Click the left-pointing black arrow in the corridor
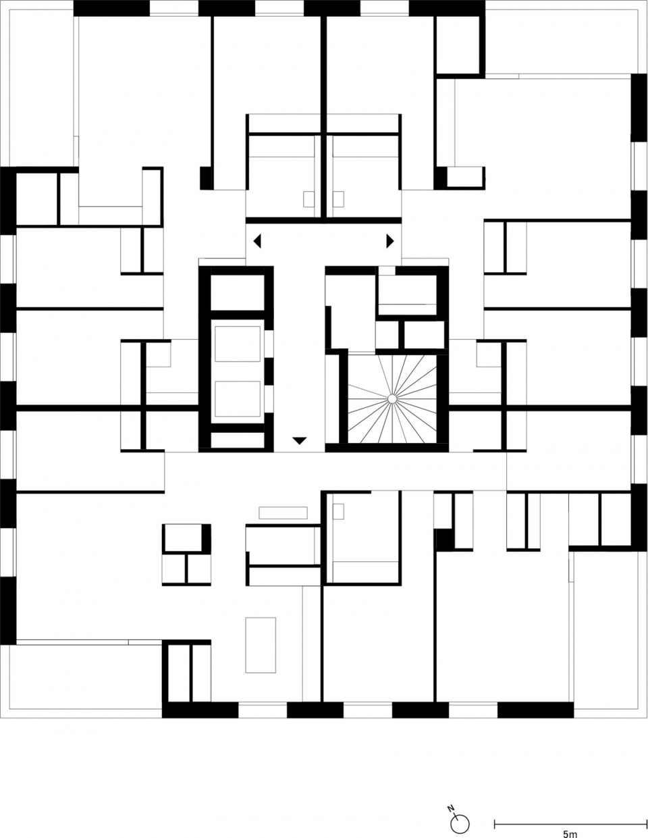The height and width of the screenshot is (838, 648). tap(257, 241)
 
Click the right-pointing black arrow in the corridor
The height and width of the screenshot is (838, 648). tap(390, 241)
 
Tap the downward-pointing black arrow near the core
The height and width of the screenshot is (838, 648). tap(299, 440)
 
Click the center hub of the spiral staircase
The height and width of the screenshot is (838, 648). tap(391, 399)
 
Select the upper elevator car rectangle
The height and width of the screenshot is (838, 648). tap(238, 344)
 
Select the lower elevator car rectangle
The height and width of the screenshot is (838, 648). tap(238, 399)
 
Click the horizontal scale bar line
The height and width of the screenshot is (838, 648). tap(570, 821)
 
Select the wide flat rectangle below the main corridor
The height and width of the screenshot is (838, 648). tap(283, 513)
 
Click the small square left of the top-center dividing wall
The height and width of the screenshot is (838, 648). tap(308, 199)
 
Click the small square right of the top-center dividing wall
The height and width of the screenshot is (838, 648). tap(338, 199)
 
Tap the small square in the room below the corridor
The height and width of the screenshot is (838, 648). tap(338, 511)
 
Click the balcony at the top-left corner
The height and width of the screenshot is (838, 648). tap(41, 88)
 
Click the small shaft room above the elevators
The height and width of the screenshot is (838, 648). tap(238, 292)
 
